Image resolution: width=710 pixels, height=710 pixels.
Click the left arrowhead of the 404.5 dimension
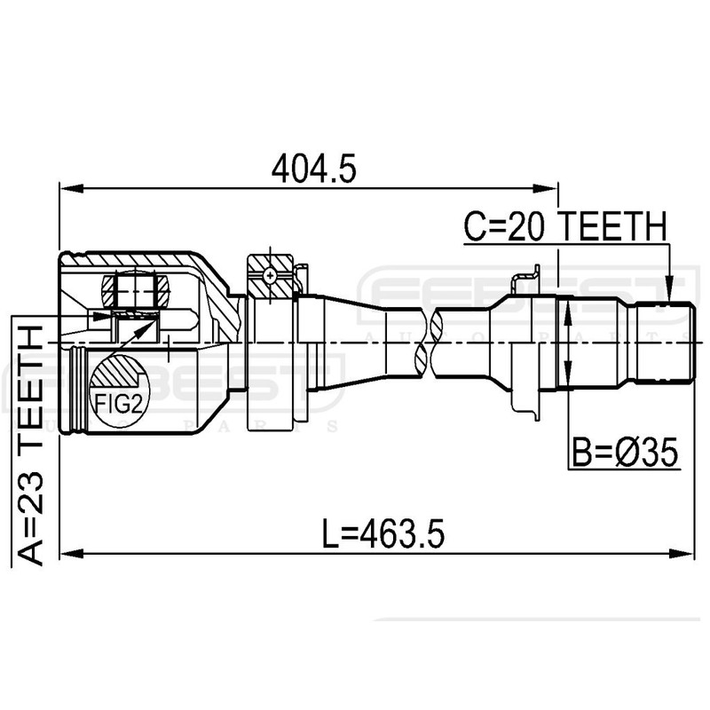click(66, 188)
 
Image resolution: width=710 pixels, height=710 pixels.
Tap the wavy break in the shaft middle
click(432, 341)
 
